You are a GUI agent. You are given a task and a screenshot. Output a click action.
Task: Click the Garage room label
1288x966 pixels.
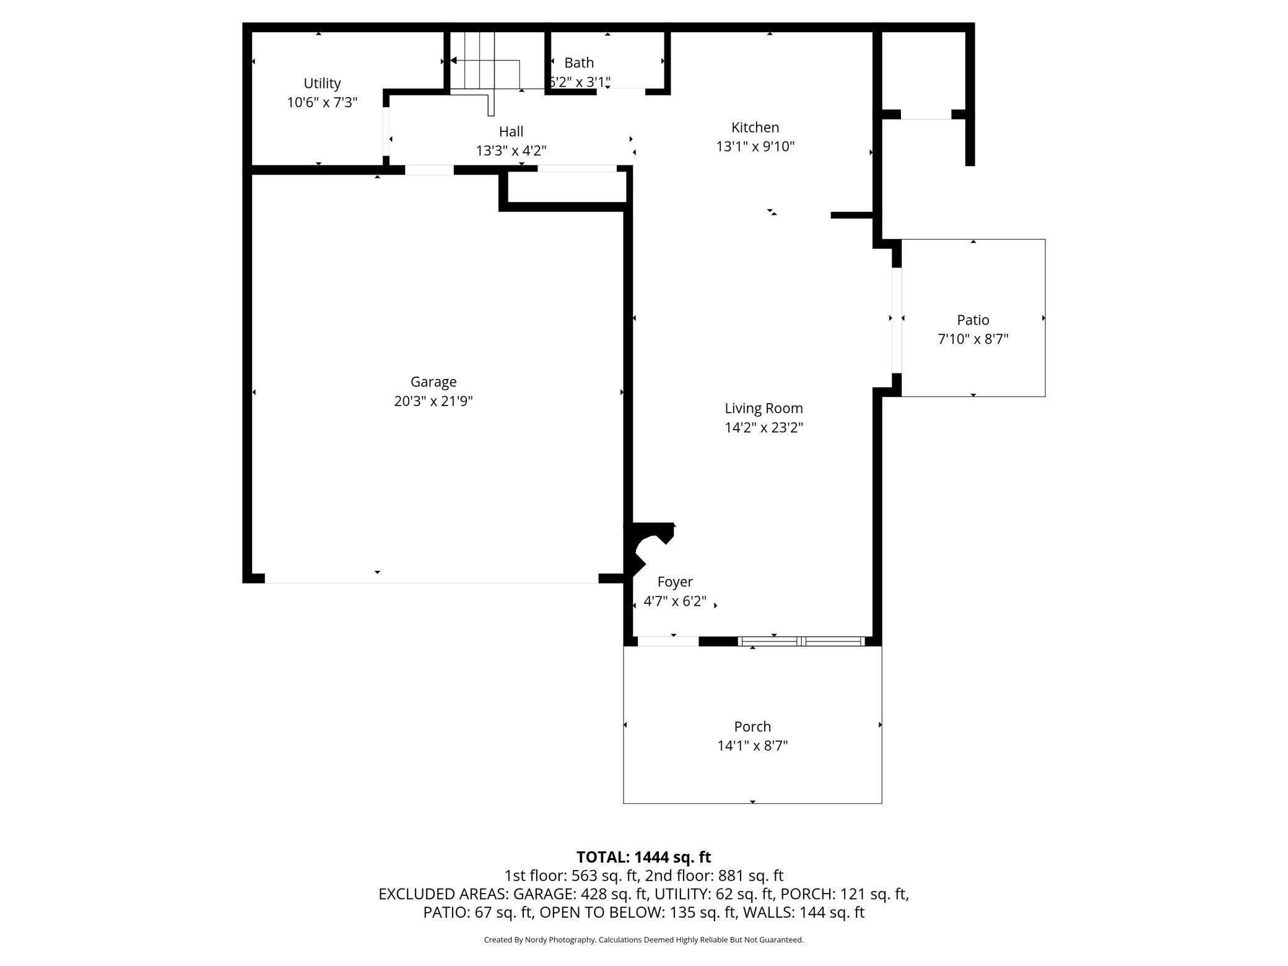coord(433,382)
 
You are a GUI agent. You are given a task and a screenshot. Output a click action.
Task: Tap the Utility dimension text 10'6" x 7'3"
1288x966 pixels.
coord(322,103)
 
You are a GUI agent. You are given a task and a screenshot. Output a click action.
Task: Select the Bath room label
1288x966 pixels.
coord(579,63)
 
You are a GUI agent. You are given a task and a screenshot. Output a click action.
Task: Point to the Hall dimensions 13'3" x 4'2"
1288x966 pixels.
coord(511,151)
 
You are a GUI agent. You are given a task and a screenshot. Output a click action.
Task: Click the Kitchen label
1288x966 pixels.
coord(755,128)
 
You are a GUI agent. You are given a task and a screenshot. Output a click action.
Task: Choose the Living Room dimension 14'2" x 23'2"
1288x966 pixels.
coord(764,428)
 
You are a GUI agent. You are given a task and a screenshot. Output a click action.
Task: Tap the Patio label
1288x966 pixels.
coord(973,320)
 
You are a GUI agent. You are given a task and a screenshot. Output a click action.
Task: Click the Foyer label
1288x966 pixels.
coord(675,582)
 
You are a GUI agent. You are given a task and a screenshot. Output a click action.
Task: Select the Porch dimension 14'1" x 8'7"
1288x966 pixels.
coord(752,746)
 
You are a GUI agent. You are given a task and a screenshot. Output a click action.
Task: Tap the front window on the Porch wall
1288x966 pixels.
coord(801,642)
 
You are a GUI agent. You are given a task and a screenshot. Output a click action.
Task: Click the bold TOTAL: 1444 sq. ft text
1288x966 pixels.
coord(643,857)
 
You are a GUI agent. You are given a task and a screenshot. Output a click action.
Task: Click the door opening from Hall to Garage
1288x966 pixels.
coord(429,170)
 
